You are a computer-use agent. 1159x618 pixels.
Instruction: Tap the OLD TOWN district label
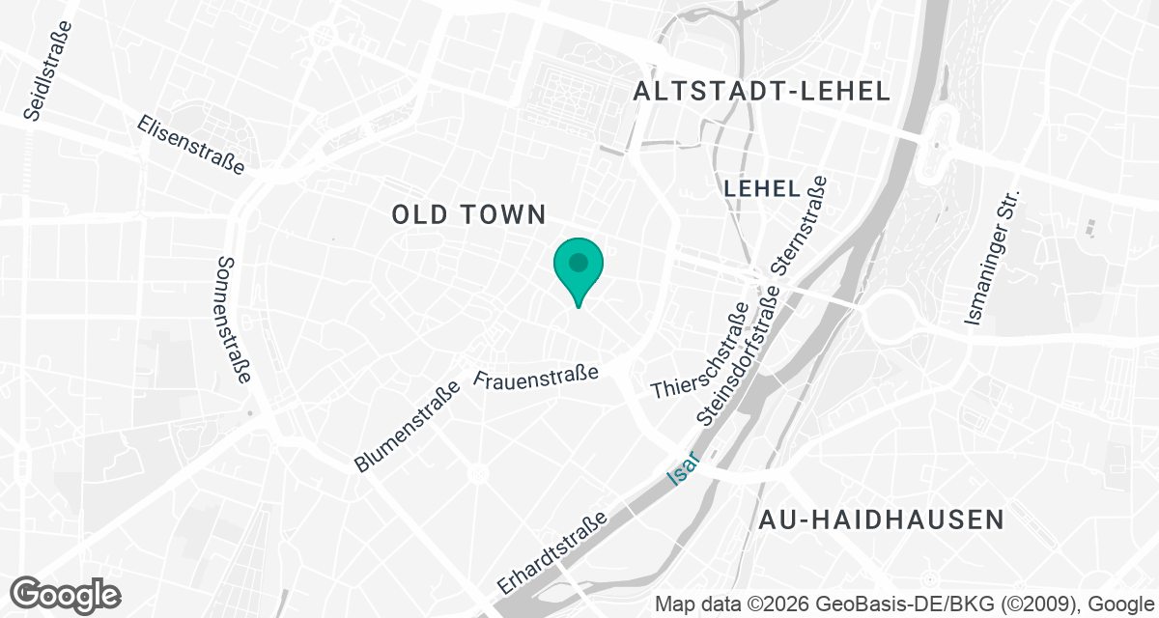[469, 214]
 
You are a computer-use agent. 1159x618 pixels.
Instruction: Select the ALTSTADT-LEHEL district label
[761, 92]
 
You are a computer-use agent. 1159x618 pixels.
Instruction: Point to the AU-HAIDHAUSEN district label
[882, 520]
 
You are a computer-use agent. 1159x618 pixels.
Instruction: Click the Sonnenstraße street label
[235, 320]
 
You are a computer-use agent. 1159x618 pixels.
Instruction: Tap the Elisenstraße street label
[191, 145]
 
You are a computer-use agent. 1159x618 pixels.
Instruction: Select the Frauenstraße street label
[538, 375]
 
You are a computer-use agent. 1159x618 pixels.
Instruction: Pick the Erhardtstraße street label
[552, 552]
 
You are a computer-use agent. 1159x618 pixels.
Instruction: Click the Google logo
[66, 594]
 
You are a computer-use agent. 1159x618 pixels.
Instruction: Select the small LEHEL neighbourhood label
[761, 189]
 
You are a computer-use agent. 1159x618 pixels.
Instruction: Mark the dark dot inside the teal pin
[579, 262]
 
